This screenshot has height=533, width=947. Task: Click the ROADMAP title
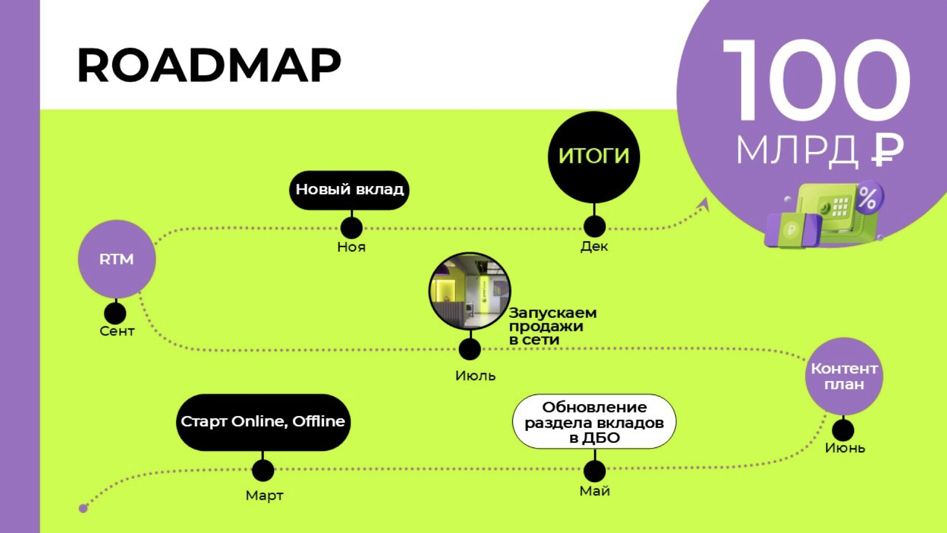click(x=209, y=65)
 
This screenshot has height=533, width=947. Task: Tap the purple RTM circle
click(x=117, y=259)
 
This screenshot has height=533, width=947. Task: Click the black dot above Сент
click(x=115, y=313)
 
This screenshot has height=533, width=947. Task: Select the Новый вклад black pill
click(x=349, y=190)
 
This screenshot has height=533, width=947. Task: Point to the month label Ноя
click(x=351, y=247)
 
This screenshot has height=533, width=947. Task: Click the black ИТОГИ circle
click(x=594, y=156)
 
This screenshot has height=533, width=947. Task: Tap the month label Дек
click(x=594, y=246)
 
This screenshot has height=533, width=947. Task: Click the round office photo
click(x=470, y=291)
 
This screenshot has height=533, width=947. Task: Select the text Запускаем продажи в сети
click(x=552, y=326)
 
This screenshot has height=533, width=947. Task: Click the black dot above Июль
click(x=470, y=349)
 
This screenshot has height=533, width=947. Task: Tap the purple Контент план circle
click(x=844, y=376)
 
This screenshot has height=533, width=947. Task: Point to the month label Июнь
click(x=845, y=448)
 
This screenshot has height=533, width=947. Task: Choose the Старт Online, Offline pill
click(x=263, y=422)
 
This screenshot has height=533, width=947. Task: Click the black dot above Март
click(x=263, y=471)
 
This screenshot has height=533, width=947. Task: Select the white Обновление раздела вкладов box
click(x=594, y=421)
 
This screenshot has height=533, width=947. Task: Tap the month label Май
click(x=595, y=492)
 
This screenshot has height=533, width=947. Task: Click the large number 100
click(x=817, y=80)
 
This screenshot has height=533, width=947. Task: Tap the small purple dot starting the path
click(x=83, y=508)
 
